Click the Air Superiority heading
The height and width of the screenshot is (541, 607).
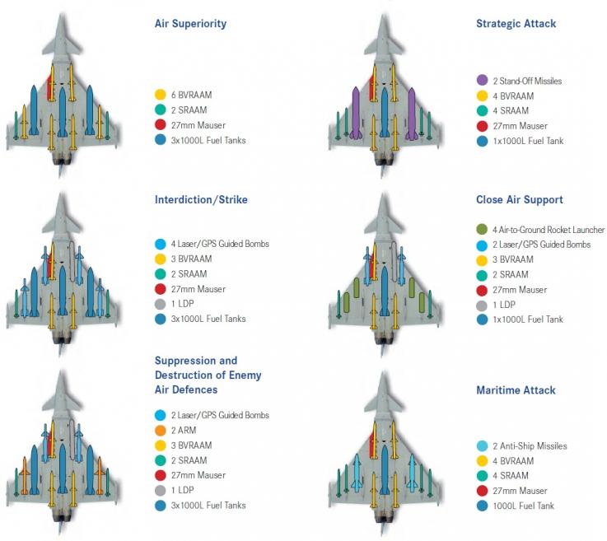pos(190,24)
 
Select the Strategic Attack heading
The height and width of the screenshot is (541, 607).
pos(516,24)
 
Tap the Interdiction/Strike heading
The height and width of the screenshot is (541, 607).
pos(201,199)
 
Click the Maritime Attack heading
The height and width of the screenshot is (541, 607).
pos(516,390)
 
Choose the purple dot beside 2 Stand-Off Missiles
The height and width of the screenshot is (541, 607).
pos(482,81)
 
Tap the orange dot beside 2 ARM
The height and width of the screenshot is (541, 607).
pos(161,431)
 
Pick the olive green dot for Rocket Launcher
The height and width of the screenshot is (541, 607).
pos(482,230)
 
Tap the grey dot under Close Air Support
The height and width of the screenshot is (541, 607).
pos(482,304)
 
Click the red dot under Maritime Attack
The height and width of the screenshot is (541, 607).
pos(482,491)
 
